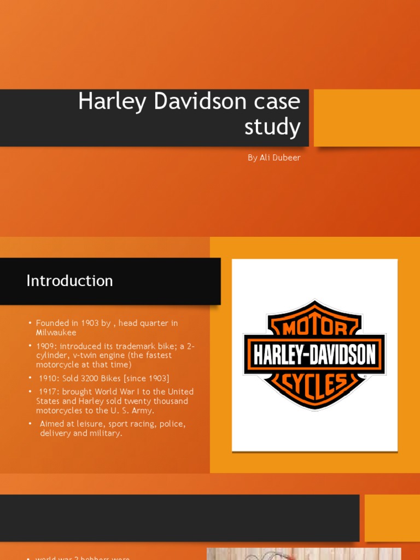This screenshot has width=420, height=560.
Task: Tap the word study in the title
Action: pyautogui.click(x=272, y=127)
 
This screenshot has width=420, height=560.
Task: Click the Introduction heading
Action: pyautogui.click(x=69, y=281)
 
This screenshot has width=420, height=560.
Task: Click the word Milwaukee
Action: pyautogui.click(x=56, y=332)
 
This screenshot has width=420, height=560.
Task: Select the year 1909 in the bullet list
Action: pyautogui.click(x=45, y=346)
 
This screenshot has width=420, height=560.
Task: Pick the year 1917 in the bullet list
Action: pyautogui.click(x=48, y=392)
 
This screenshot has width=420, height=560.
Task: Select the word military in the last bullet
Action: pyautogui.click(x=106, y=433)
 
